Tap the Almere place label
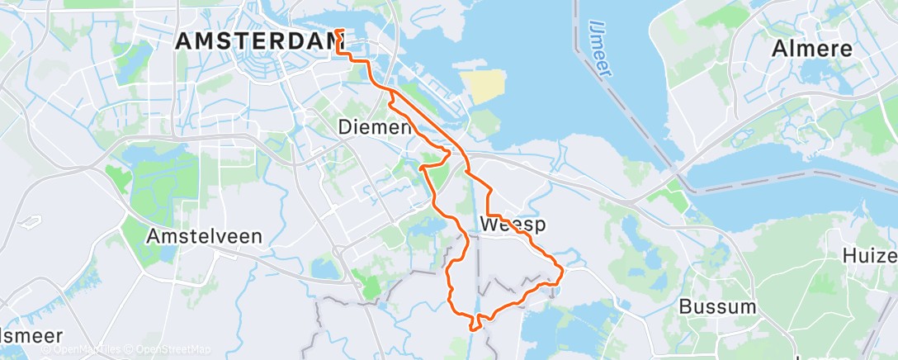(x=811, y=49)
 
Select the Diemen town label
(x=375, y=127)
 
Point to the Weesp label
(x=513, y=225)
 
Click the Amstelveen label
(x=204, y=235)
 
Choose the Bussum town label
(x=717, y=307)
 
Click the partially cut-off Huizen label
(x=871, y=256)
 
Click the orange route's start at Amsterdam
(x=338, y=32)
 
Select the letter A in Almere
(x=779, y=49)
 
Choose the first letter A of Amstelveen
(x=153, y=235)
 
